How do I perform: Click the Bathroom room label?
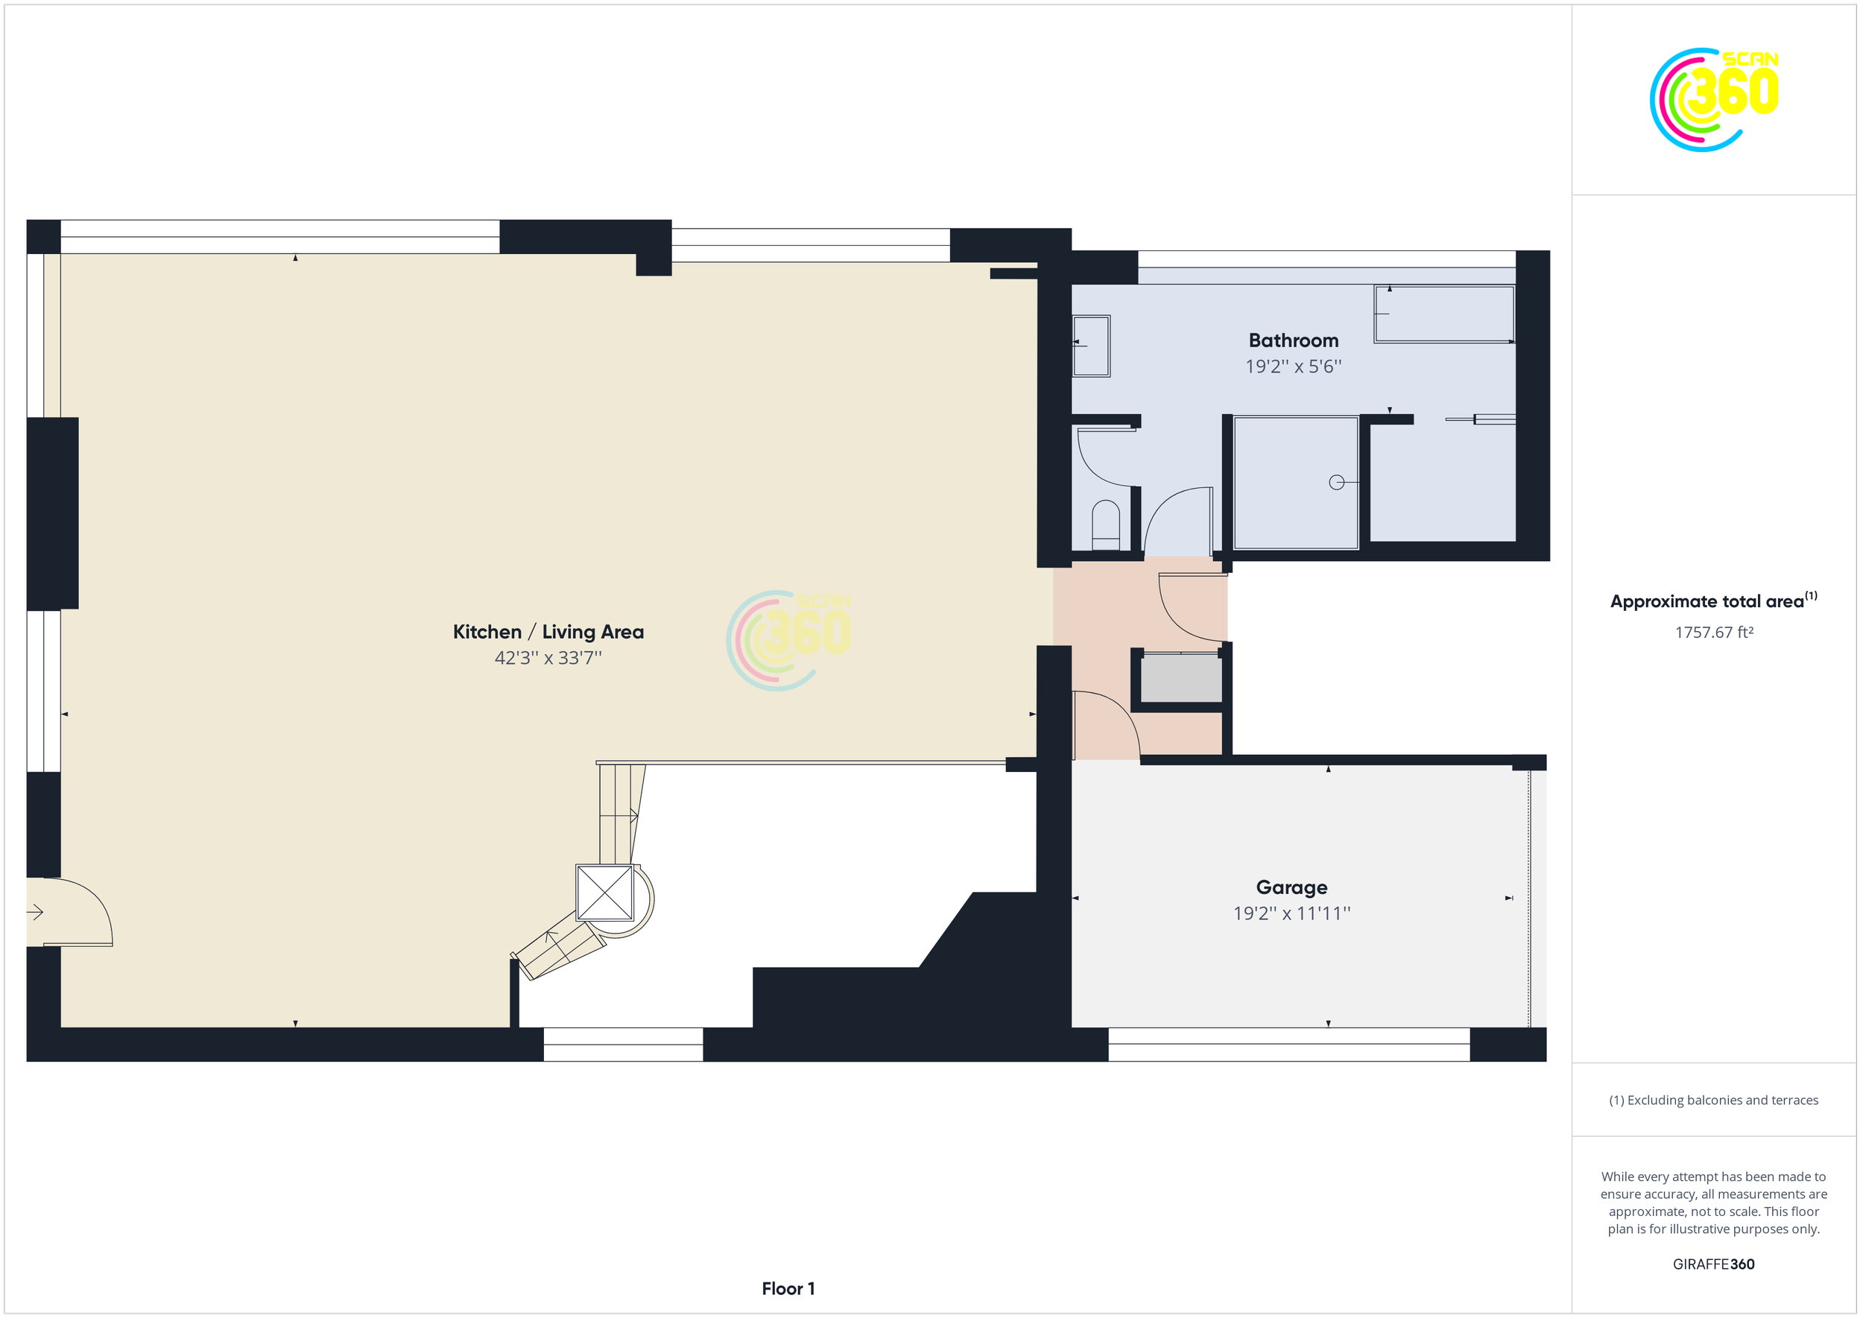1293,341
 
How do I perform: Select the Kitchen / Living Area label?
548,633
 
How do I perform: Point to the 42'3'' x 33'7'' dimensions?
548,658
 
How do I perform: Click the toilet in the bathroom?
1106,526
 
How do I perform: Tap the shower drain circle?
1336,483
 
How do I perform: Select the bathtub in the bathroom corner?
1444,314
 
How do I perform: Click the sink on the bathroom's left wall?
1091,346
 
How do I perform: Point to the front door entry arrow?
35,913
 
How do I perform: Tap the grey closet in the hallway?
1181,679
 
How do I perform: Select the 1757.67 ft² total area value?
1714,633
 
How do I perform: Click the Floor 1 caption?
788,1289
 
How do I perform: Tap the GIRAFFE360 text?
1714,1264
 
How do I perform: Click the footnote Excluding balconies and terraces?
1714,1100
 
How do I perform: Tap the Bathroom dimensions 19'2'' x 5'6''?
1293,367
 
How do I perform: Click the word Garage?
1291,888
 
